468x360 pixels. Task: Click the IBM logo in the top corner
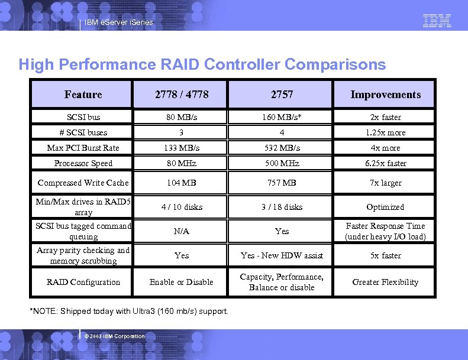pos(437,21)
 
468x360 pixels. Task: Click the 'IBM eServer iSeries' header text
pos(118,22)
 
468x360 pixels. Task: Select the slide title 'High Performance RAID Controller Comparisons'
pos(202,64)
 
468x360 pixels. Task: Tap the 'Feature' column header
pos(83,95)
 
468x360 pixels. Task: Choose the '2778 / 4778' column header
pos(182,95)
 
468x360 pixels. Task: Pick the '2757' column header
pos(282,95)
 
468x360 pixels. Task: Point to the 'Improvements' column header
pos(385,95)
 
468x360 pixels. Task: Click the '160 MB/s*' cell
pos(282,117)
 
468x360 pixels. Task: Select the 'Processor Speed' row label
pos(83,163)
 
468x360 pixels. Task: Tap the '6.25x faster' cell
pos(385,163)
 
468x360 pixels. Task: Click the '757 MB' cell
pos(282,183)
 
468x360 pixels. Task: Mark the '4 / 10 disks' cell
pos(182,207)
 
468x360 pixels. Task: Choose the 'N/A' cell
pos(182,231)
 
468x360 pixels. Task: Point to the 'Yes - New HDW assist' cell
pos(282,255)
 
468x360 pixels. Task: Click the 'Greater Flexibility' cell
pos(385,282)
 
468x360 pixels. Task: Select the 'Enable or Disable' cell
pos(182,282)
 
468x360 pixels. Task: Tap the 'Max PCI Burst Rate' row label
pos(83,148)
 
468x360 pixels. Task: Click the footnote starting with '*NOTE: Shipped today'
pos(129,312)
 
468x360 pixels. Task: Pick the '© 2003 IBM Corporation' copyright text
pos(115,336)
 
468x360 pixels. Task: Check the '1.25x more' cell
pos(385,132)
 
